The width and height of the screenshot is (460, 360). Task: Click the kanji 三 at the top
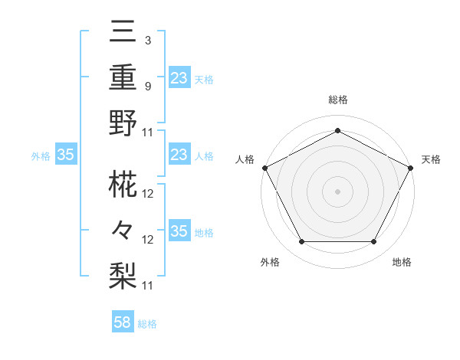(x=123, y=34)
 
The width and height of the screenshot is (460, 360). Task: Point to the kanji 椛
(x=123, y=184)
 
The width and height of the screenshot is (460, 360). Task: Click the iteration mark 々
(x=123, y=230)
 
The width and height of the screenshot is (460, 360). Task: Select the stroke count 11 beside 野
(x=148, y=132)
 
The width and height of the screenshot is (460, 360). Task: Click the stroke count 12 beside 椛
(x=149, y=194)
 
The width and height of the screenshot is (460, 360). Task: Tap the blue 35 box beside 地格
(x=179, y=232)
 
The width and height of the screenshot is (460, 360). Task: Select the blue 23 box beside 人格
(x=179, y=155)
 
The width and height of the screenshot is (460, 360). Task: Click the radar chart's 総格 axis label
(x=337, y=100)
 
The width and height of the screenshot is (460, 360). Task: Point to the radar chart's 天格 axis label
(x=431, y=159)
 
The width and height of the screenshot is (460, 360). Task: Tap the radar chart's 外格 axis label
(x=270, y=262)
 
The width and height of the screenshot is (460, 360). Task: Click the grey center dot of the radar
(x=337, y=191)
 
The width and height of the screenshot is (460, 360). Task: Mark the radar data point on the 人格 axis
(x=264, y=167)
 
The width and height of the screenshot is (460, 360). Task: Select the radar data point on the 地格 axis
(x=373, y=241)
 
